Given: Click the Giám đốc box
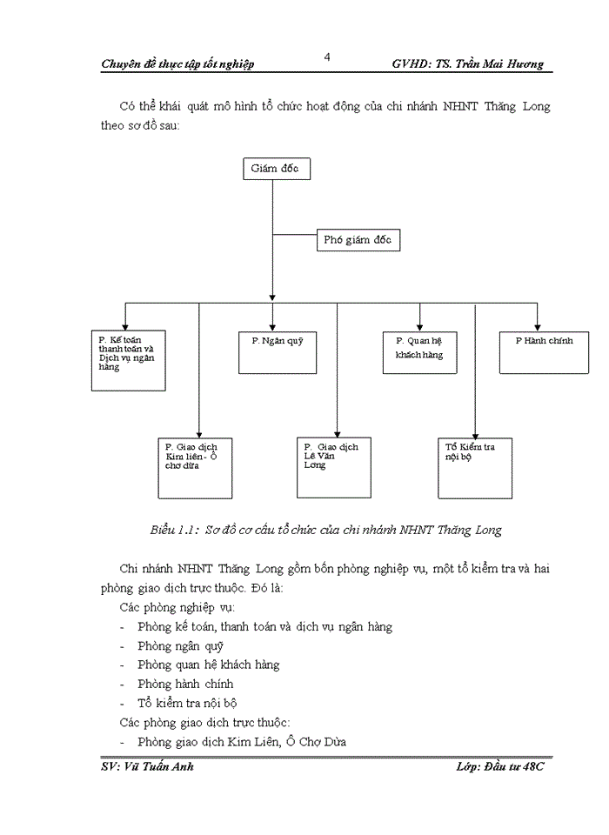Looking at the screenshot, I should pos(276,169).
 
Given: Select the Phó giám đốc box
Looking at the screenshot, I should pos(357,241).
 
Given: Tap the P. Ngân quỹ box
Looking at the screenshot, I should pos(278,351).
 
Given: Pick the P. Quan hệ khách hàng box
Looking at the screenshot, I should pos(419,351).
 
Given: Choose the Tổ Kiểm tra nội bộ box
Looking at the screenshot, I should pos(475,468).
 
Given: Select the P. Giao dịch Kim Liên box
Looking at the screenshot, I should pos(195,468).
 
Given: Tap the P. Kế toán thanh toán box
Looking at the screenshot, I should pos(128,359).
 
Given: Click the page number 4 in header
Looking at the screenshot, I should pos(326,57).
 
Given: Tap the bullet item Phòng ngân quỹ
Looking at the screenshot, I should pos(180,645).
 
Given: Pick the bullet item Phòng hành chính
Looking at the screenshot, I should pos(185,684).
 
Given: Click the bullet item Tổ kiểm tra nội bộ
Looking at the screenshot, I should pos(187,703).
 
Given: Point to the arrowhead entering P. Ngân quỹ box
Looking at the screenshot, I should pos(273,323).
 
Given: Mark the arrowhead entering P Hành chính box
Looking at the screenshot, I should pos(537,323).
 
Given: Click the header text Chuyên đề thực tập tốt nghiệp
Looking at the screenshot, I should pos(177,63).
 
